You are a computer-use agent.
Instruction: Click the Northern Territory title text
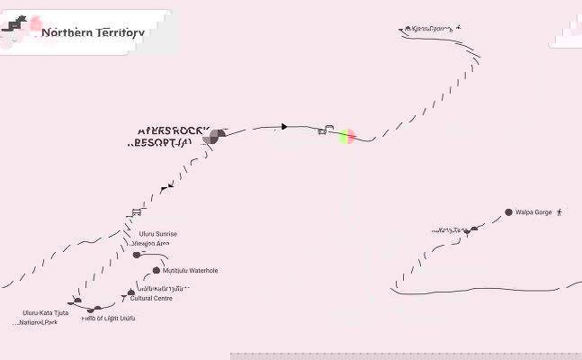pos(93,32)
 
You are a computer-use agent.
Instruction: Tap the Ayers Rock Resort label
pos(166,137)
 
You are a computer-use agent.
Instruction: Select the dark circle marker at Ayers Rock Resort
pos(215,136)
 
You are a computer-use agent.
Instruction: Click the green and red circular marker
pos(346,136)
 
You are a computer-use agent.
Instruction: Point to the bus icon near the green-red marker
pos(323,130)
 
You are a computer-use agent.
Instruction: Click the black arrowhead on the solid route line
pos(284,127)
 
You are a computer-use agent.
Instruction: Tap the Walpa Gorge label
pos(533,212)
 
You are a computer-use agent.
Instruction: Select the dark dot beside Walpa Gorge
pos(508,212)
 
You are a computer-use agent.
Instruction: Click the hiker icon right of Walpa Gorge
pos(560,212)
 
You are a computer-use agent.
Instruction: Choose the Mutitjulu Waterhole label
pos(191,270)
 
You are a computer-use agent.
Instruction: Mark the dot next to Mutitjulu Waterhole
pos(157,270)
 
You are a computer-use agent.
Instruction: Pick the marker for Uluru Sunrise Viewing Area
pos(137,255)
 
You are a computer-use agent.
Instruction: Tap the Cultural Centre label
pos(151,298)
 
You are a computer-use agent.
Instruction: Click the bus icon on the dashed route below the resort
pos(137,213)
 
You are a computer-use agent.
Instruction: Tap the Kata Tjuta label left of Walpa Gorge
pos(452,230)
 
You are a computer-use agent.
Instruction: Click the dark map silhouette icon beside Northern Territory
pos(17,33)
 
